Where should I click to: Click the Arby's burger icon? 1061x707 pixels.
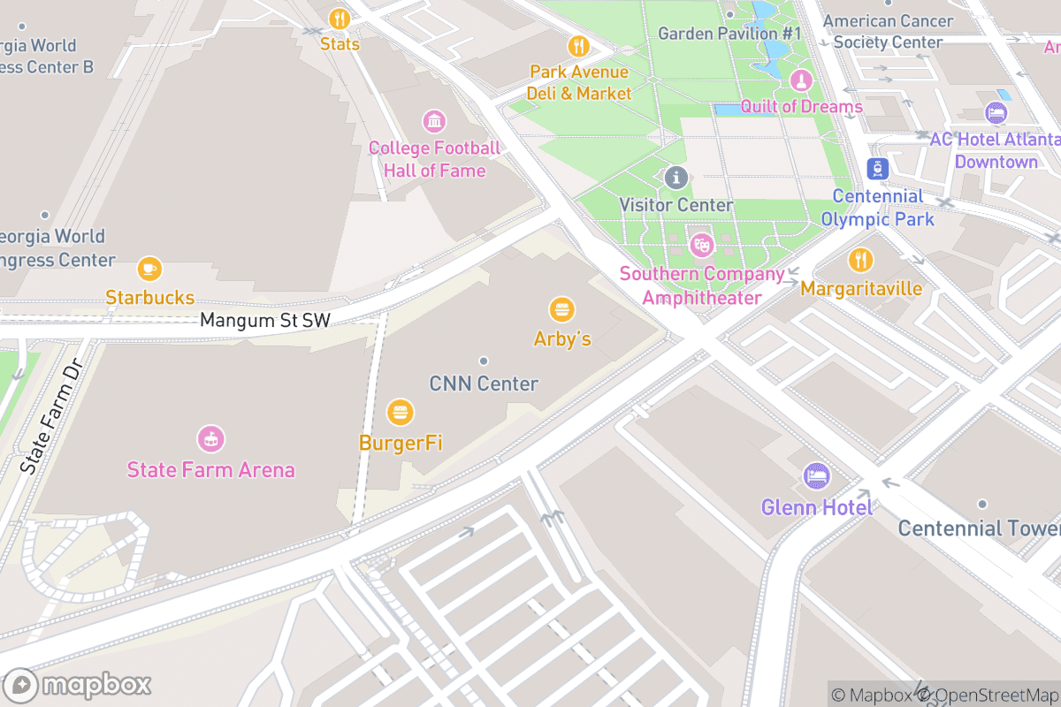pos(561,309)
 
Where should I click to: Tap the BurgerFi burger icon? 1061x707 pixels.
pos(401,412)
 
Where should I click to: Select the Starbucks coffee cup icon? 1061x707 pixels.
pos(149,268)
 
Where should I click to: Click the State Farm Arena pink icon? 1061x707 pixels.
pos(210,438)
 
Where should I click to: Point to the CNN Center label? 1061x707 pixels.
pos(484,384)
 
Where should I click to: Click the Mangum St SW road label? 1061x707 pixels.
pos(264,320)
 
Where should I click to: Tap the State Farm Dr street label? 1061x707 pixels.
pos(50,416)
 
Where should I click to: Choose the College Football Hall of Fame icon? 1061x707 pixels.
pos(433,121)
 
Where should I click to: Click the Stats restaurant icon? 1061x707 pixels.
pos(340,19)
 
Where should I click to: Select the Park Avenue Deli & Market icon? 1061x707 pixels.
pos(578,45)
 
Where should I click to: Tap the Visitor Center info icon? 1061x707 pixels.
pos(676,178)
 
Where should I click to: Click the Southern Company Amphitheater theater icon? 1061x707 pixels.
pos(701,245)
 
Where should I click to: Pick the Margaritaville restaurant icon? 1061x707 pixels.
pos(860,260)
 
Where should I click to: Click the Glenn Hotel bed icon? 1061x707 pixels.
pos(816,477)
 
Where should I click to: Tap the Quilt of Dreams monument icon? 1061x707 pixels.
pos(801,80)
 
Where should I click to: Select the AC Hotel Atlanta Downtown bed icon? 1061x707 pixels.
pos(996,113)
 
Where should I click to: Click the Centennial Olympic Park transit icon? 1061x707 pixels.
pos(877,169)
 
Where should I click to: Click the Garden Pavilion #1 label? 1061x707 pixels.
pos(729,34)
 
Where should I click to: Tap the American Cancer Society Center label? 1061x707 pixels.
pos(888,31)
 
